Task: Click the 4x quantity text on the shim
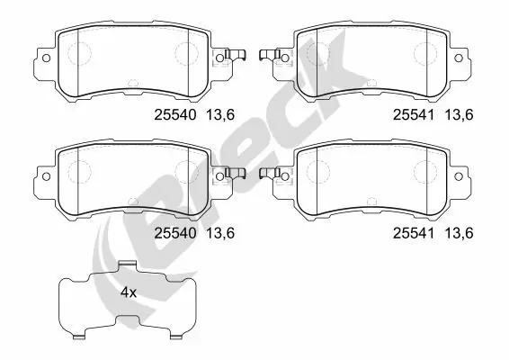129,292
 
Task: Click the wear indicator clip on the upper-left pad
236,56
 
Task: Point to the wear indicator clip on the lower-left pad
236,173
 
